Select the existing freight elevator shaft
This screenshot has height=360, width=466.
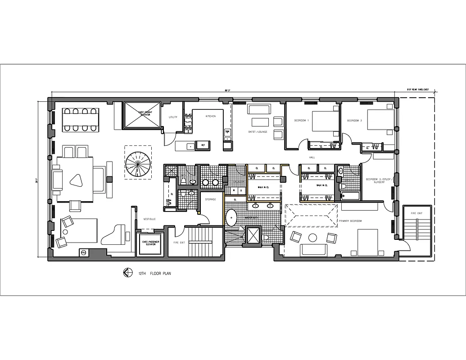pos(143,115)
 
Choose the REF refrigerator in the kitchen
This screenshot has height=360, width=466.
pos(203,145)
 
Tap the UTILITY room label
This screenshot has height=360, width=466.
pos(173,117)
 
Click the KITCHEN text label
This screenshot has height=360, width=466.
pos(211,116)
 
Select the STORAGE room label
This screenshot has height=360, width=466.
pos(211,199)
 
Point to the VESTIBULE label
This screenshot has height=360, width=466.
pos(149,219)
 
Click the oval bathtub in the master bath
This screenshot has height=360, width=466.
pos(231,218)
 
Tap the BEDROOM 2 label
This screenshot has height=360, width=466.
pos(355,121)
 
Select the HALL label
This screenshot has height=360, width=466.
pos(312,157)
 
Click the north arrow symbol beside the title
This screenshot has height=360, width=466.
pos(127,273)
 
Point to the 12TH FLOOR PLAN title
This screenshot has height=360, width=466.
pos(155,273)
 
